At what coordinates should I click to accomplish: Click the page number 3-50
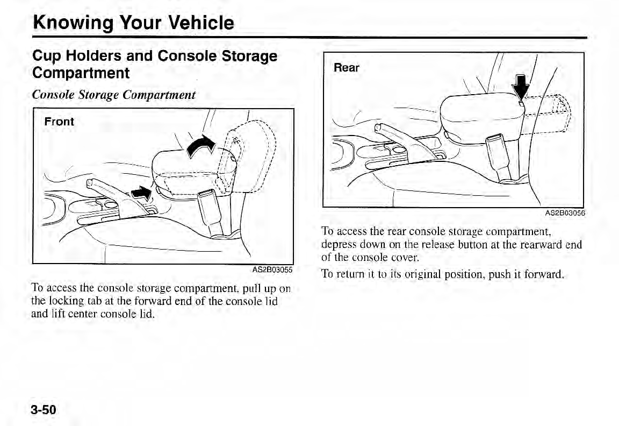point(44,409)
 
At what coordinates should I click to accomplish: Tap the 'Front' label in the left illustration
point(59,122)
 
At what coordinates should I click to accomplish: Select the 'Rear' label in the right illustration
point(347,68)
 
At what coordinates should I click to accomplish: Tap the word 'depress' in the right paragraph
point(337,245)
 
